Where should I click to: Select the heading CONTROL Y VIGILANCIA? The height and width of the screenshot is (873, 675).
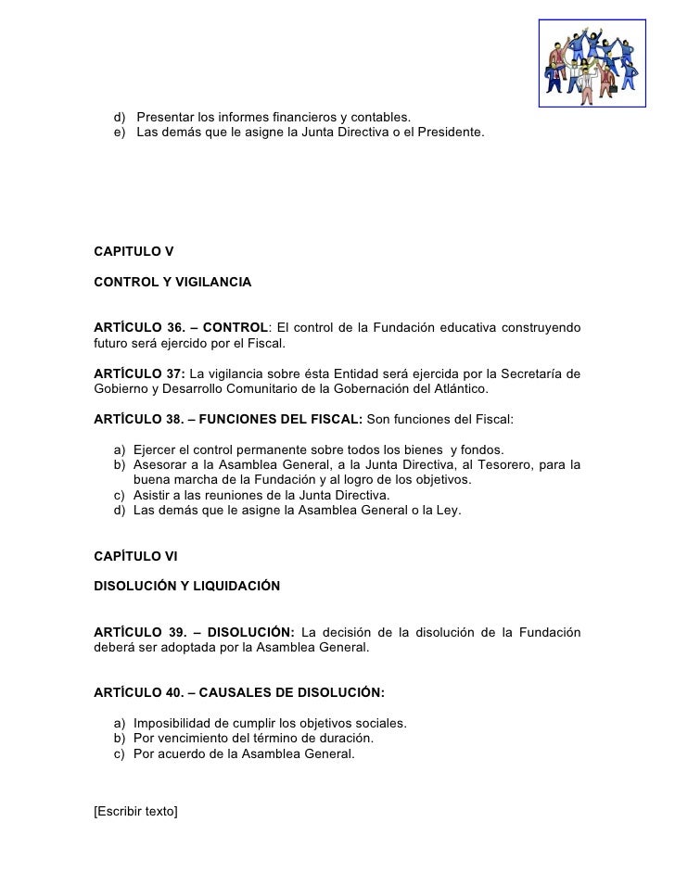point(172,281)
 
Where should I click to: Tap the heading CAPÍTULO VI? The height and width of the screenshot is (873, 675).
point(135,557)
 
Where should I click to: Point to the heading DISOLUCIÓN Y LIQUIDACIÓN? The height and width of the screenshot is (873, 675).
point(186,586)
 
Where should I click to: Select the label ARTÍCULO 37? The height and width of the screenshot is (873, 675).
point(139,373)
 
